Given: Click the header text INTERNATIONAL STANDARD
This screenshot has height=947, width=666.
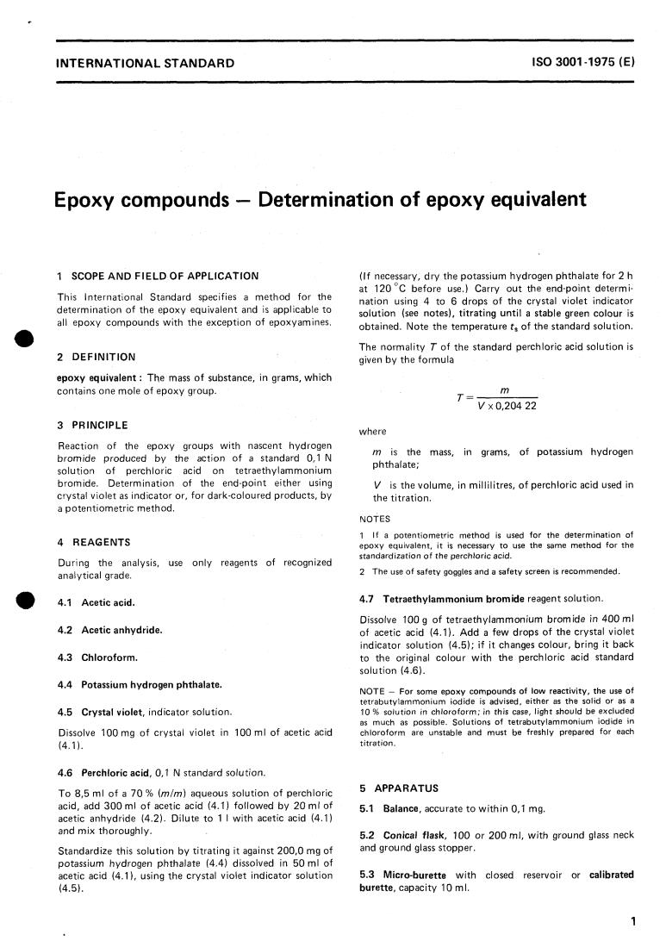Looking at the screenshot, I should tap(144, 63).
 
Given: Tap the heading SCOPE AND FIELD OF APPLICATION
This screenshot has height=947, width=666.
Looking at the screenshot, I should tap(164, 276).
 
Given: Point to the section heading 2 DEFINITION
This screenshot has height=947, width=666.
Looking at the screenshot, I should tap(96, 357).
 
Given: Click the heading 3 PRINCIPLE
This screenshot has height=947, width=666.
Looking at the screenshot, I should tap(92, 425).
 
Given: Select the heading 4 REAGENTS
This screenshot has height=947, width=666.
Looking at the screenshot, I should tap(94, 542).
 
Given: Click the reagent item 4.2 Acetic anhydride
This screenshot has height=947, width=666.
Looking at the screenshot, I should tap(109, 630).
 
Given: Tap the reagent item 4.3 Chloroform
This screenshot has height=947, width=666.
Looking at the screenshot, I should tap(97, 657).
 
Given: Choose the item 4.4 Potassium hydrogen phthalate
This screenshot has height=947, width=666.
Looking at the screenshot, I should tap(140, 684).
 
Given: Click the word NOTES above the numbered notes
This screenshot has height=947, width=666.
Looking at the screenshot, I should tap(375, 519).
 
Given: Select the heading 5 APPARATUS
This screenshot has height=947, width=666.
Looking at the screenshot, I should tap(399, 788).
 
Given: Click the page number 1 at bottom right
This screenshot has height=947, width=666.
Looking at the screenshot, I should tap(632, 921).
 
